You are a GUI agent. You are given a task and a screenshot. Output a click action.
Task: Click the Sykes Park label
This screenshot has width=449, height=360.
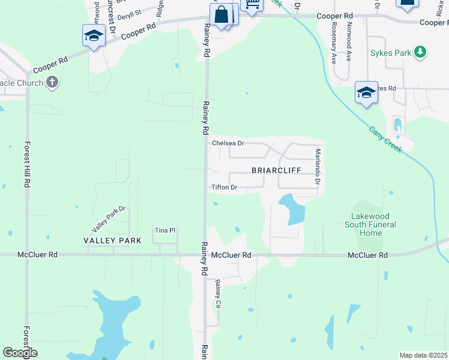click(390, 53)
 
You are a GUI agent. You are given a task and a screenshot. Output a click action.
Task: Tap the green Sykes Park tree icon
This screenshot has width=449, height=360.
click(421, 52)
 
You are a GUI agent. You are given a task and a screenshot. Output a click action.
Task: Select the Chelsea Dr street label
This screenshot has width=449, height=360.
click(228, 143)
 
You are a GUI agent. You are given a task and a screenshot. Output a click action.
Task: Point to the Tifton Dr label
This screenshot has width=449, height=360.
click(225, 187)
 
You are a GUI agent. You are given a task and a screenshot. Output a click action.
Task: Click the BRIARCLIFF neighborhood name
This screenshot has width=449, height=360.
click(275, 170)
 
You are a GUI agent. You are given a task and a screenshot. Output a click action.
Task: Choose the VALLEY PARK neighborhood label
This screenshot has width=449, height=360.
click(113, 241)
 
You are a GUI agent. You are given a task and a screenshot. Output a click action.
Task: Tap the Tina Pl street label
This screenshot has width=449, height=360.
click(164, 230)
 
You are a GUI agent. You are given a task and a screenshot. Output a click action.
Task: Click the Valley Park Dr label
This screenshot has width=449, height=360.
click(108, 220)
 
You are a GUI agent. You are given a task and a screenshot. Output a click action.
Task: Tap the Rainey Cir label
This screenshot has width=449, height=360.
click(218, 294)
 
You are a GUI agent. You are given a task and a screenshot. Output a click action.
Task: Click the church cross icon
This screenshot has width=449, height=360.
click(52, 82)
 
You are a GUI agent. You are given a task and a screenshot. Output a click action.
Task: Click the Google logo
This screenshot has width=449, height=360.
click(20, 353)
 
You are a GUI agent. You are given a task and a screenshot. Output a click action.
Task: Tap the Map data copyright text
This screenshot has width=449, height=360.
click(423, 355)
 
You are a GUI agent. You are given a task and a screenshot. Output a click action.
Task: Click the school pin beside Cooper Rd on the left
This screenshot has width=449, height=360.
click(94, 36)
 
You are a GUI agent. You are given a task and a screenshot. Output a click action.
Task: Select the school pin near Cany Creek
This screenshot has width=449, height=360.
click(366, 93)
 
